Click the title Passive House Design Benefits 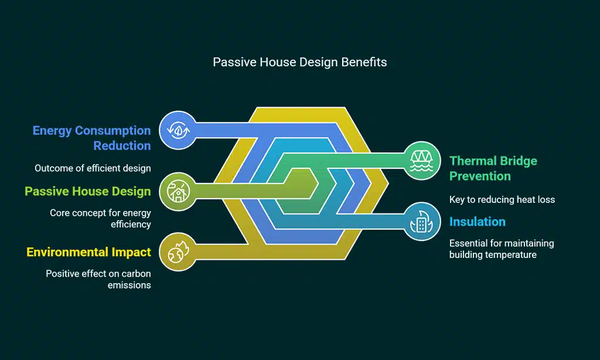pos(299,62)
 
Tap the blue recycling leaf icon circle pos(178,130)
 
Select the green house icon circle pos(178,191)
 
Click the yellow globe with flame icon pos(178,252)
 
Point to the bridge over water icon pos(422,161)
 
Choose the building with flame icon pos(421,222)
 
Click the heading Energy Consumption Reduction pos(92,138)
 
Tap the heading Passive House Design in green pos(88,191)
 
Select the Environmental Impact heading pos(89,252)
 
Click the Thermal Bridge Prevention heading pos(493,168)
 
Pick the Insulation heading pos(477,222)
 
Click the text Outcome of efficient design pos(93,168)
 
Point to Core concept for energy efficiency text pos(100,218)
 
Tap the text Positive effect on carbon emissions pos(98,279)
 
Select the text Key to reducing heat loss pos(502,199)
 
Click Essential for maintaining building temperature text pos(502,249)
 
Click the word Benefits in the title pos(364,62)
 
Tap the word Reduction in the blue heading pos(122,146)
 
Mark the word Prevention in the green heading pos(480,176)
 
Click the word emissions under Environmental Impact pos(129,286)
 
